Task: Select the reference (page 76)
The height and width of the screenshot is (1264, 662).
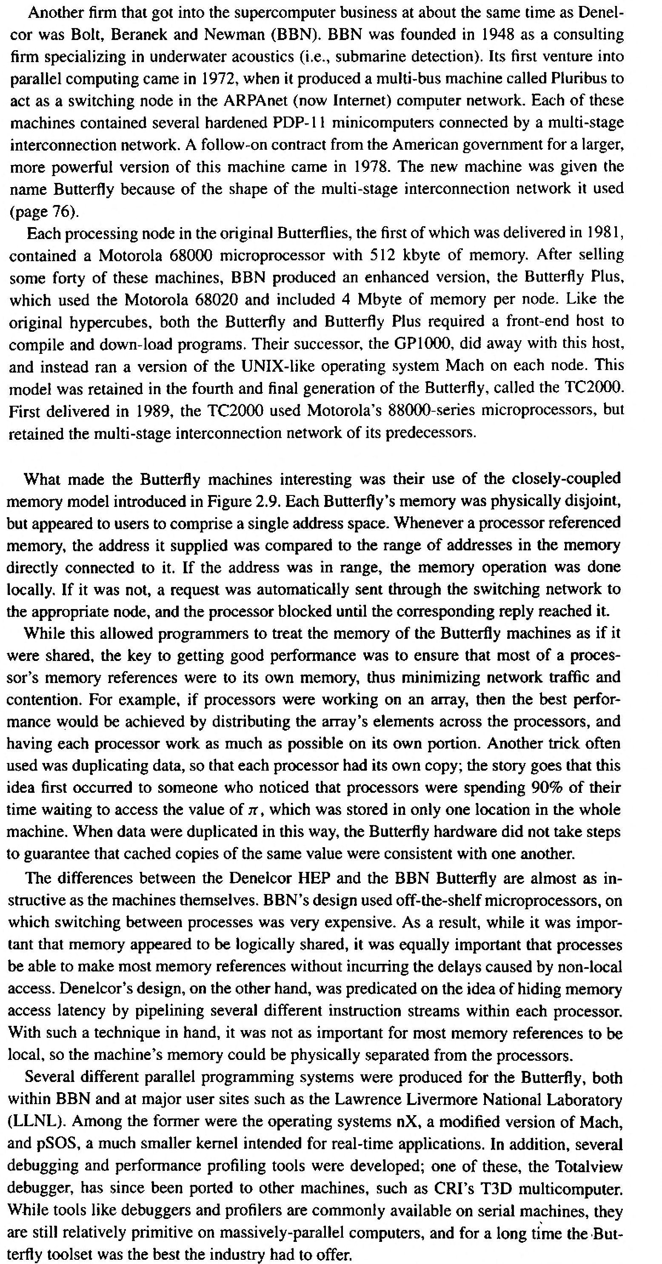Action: pyautogui.click(x=44, y=211)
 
